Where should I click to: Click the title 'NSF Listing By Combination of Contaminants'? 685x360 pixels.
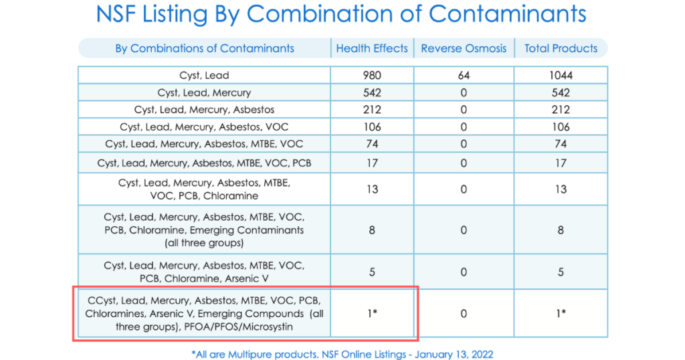[x=342, y=14]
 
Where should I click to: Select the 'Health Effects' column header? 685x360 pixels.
[x=372, y=48]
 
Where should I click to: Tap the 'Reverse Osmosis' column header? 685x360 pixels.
[x=464, y=48]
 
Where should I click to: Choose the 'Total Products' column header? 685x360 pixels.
[x=561, y=48]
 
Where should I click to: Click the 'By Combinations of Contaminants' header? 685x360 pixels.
[x=205, y=48]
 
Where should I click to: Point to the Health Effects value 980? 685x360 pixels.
[x=372, y=76]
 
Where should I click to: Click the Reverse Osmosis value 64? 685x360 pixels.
[x=464, y=76]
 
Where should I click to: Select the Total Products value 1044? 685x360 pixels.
[x=561, y=76]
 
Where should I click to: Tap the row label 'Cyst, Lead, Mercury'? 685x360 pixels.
[x=204, y=92]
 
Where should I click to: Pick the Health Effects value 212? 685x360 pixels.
[x=372, y=110]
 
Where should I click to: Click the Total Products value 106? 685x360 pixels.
[x=561, y=127]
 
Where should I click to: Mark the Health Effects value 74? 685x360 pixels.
[x=372, y=144]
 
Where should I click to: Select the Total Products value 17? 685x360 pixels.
[x=561, y=163]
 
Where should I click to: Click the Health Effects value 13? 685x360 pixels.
[x=372, y=189]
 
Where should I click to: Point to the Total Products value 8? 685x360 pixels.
[x=561, y=230]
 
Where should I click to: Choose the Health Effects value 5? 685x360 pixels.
[x=372, y=272]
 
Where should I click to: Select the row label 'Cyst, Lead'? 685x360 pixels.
[x=204, y=76]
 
